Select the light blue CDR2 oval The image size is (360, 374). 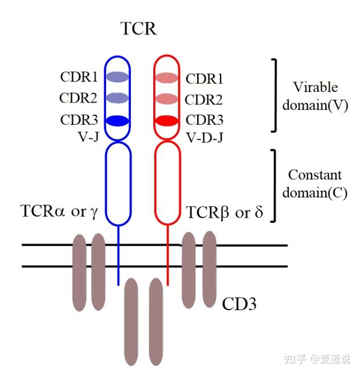(x=118, y=98)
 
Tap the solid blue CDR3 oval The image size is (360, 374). (x=118, y=121)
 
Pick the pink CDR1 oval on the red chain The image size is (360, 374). (x=167, y=78)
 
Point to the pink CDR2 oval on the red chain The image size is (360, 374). (x=167, y=99)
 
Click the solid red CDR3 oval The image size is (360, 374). (x=167, y=121)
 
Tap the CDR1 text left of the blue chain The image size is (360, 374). (x=79, y=76)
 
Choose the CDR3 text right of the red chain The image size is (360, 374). (x=204, y=121)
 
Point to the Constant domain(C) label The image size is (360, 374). (x=315, y=183)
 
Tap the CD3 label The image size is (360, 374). (x=239, y=303)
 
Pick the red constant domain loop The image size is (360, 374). (x=167, y=182)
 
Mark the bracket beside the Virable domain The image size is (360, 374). (x=275, y=95)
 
